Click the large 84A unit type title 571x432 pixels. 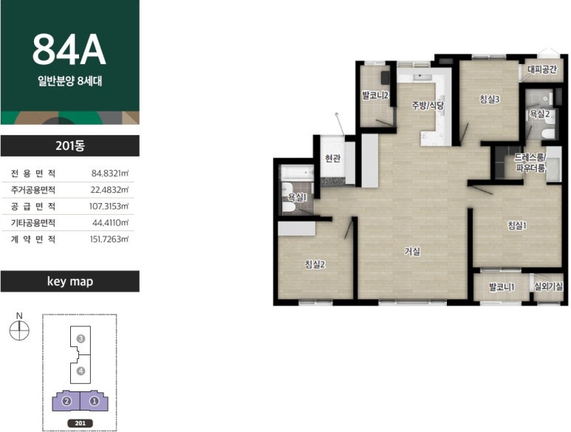[69, 49]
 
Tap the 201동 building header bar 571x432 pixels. [70, 145]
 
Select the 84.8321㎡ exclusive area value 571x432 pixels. [110, 173]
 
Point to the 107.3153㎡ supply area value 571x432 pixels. [109, 206]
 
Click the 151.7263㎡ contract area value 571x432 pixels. [109, 239]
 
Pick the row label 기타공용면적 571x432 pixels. [33, 223]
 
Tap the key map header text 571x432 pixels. [70, 281]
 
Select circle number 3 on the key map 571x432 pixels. [81, 339]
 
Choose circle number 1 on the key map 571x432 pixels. [95, 402]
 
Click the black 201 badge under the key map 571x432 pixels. [80, 423]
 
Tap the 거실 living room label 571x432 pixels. [412, 251]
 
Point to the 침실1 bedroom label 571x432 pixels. [517, 226]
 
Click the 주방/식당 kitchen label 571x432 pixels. [428, 106]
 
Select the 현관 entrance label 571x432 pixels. [332, 159]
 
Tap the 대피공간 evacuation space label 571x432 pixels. [542, 69]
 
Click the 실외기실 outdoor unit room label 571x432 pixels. [548, 287]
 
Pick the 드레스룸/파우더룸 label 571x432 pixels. [530, 162]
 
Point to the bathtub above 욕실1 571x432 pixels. [297, 173]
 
